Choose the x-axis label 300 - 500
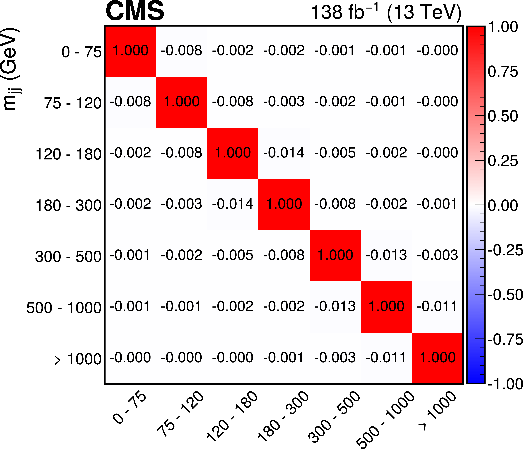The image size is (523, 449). [334, 416]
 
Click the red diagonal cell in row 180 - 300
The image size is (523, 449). [284, 204]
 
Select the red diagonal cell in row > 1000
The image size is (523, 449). [437, 358]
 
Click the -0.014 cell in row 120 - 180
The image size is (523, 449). [284, 153]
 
